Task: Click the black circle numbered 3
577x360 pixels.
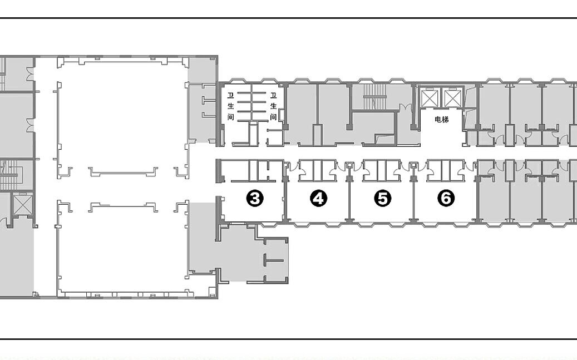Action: click(x=255, y=199)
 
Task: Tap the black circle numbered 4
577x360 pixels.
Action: click(x=319, y=199)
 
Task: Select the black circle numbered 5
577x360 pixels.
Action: click(x=383, y=199)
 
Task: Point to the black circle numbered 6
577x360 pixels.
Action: click(x=446, y=199)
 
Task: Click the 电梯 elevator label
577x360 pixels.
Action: click(x=442, y=119)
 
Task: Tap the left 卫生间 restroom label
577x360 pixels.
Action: click(x=231, y=106)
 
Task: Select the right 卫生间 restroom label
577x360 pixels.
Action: click(x=273, y=106)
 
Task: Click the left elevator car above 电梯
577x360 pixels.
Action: click(x=430, y=98)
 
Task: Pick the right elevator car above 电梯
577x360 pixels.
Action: click(x=452, y=98)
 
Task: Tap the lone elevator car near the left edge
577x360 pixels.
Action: click(x=21, y=204)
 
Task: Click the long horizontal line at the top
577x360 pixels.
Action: click(x=288, y=18)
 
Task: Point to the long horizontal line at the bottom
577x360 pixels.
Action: click(x=288, y=339)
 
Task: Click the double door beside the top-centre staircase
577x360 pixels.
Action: click(x=405, y=107)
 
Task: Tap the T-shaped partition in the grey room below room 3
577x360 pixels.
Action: click(x=272, y=260)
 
